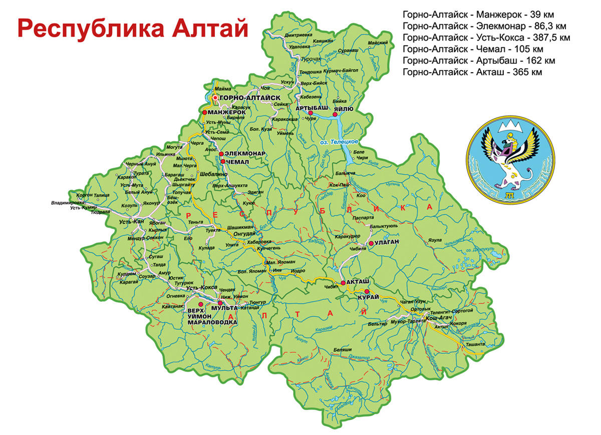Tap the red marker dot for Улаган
point(371,244)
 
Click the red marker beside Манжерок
point(204,113)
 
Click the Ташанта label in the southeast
point(475,344)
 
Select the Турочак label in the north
point(311,59)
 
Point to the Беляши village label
point(343,349)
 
